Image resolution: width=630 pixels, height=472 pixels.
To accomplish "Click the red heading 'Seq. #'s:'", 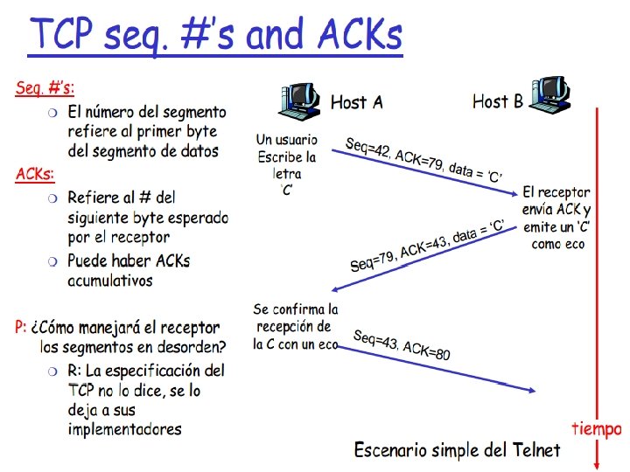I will (x=45, y=88).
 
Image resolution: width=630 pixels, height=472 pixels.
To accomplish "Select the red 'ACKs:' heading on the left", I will (x=35, y=174).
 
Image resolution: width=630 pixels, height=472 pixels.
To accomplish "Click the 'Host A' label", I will (x=356, y=103).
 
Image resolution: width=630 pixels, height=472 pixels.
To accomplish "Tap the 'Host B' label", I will (x=498, y=101).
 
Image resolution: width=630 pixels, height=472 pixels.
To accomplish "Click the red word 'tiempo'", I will (x=596, y=428).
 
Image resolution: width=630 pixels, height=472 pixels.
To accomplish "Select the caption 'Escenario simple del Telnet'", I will (x=456, y=450).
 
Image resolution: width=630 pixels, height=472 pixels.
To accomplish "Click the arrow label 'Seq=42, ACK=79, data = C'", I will (x=423, y=161).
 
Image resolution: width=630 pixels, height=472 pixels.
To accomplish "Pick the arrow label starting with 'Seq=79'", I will (x=427, y=246).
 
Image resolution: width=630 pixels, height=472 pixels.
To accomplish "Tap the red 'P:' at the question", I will (x=20, y=328).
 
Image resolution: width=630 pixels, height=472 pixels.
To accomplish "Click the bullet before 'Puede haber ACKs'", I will (x=53, y=261).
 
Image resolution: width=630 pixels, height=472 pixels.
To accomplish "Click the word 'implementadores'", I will (x=124, y=428).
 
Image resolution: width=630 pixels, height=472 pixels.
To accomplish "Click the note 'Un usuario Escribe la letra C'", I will (x=286, y=165).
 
